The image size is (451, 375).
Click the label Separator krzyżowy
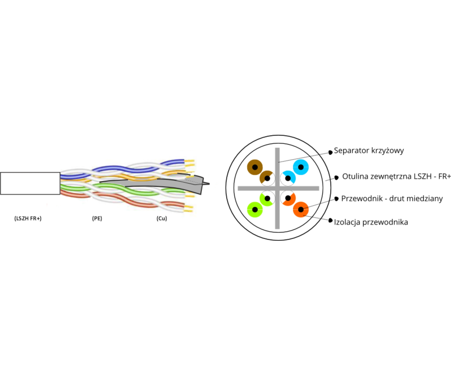point(369,150)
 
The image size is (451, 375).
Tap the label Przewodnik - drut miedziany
point(392,198)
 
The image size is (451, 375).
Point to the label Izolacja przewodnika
point(371,222)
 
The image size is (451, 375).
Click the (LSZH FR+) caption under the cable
point(28,218)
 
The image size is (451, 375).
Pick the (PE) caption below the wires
point(97,218)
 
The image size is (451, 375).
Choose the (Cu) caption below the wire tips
point(162,218)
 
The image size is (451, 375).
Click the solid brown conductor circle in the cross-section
point(255,167)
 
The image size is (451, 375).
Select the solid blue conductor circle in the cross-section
point(301,167)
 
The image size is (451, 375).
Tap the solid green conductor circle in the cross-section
point(255,209)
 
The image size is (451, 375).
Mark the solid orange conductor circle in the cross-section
point(301,209)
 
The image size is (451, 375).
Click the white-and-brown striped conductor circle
point(267,178)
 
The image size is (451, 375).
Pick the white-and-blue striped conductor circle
point(288,178)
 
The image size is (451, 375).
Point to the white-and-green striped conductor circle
point(267,198)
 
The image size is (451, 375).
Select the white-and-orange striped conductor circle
point(288,198)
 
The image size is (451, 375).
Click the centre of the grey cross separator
point(277,188)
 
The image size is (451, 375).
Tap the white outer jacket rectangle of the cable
point(30,183)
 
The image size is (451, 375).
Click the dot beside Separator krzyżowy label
point(330,152)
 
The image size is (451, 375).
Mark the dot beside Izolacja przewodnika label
point(330,220)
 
